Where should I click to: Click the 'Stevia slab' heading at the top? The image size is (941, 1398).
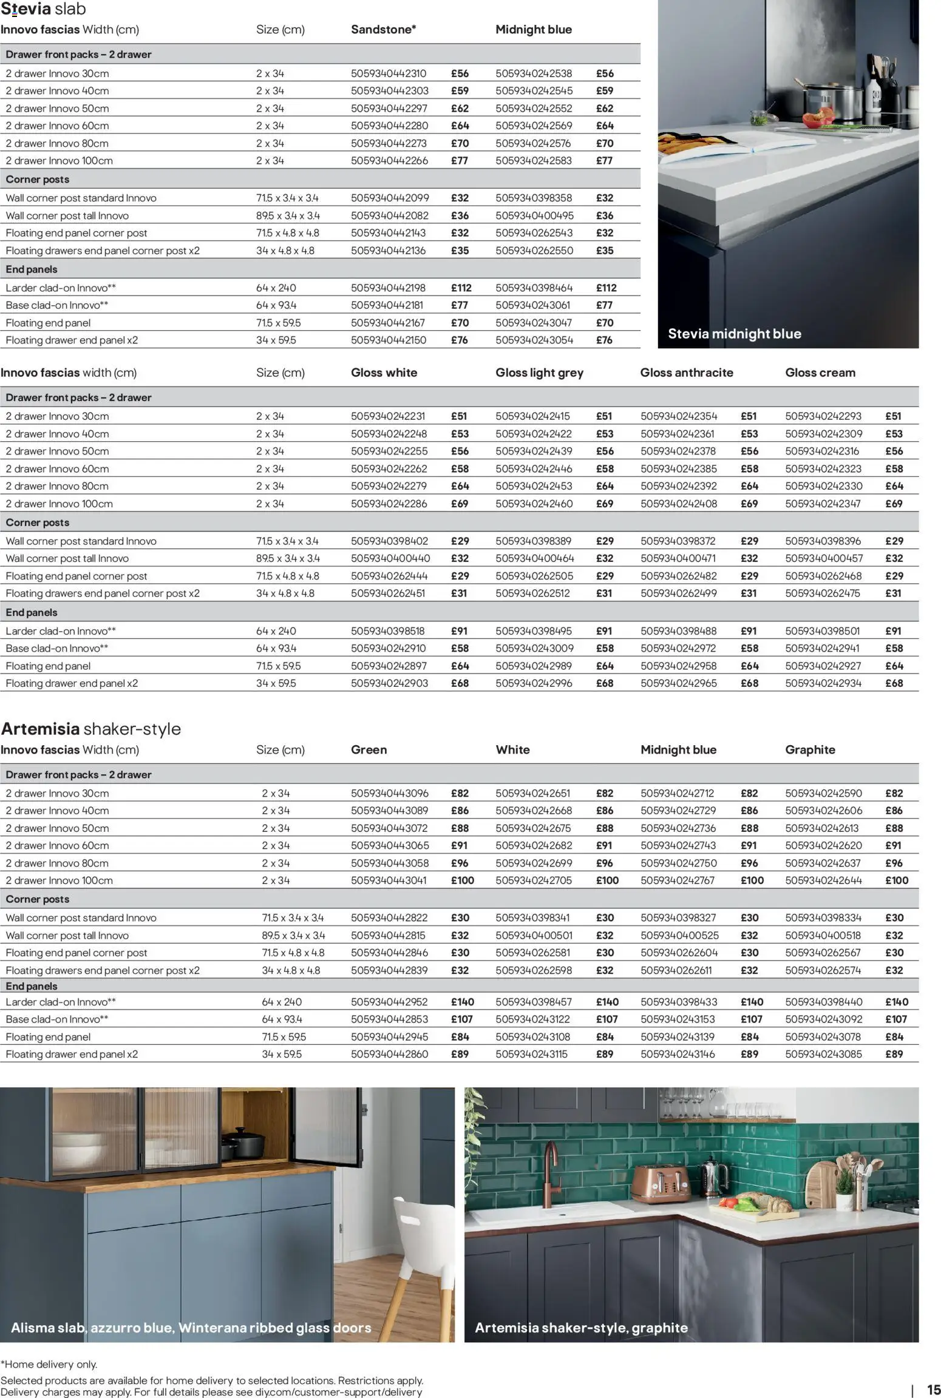(43, 9)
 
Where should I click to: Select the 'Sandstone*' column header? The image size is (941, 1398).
(383, 30)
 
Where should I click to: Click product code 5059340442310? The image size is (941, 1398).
(389, 73)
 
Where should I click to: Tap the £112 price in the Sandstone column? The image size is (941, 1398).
(461, 288)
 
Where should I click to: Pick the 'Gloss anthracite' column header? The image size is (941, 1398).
(686, 373)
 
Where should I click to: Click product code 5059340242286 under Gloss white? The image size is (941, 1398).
(389, 504)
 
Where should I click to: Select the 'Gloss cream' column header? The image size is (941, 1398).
(820, 373)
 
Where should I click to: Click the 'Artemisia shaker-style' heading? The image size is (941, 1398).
(91, 729)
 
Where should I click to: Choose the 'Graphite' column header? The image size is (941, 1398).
(810, 750)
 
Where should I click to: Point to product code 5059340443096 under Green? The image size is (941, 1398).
(389, 794)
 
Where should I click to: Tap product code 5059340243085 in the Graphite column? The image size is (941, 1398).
(823, 1055)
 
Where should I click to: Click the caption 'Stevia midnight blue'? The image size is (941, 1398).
(734, 334)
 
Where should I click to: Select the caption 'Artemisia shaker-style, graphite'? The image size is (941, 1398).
(581, 1328)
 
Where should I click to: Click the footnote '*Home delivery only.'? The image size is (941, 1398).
(49, 1364)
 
